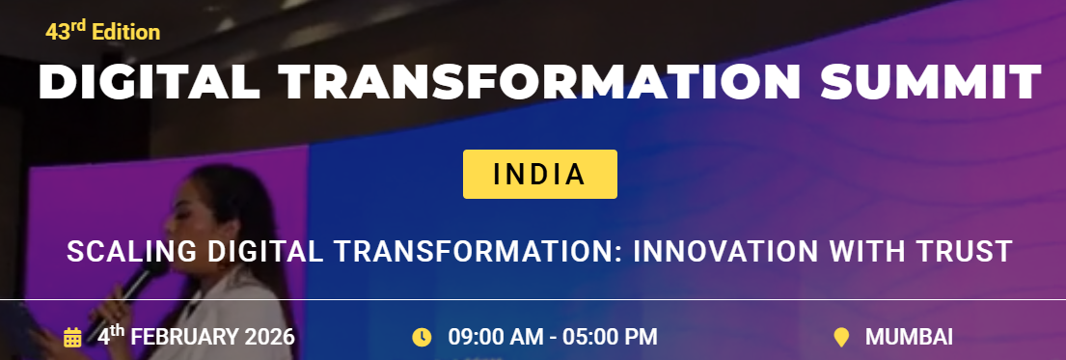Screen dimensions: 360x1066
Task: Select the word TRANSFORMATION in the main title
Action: click(540, 83)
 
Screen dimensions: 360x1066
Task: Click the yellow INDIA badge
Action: click(539, 175)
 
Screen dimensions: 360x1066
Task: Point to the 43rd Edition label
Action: click(102, 32)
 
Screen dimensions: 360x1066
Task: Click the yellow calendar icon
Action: click(72, 338)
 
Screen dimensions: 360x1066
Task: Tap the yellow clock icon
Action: click(422, 338)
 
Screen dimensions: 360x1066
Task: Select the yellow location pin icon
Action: click(841, 338)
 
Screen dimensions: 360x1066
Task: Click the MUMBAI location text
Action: click(909, 338)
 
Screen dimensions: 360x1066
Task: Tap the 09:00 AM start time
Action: click(491, 338)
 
